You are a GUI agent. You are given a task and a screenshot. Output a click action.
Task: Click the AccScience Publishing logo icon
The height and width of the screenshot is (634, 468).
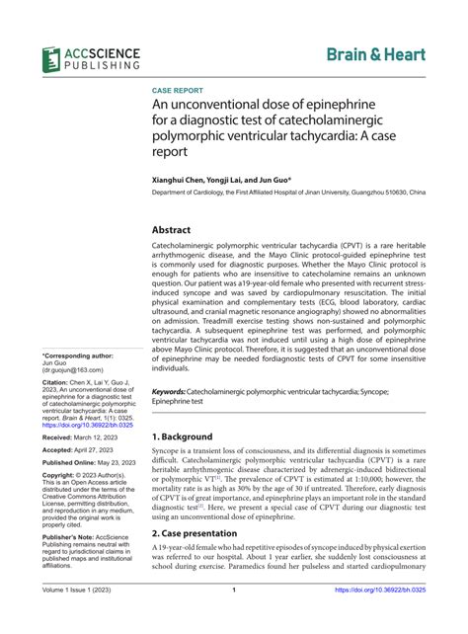(53, 58)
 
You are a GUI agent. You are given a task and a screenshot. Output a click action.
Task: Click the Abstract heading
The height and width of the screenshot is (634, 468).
(173, 228)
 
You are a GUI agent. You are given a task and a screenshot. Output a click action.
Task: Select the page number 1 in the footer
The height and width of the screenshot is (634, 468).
(233, 618)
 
